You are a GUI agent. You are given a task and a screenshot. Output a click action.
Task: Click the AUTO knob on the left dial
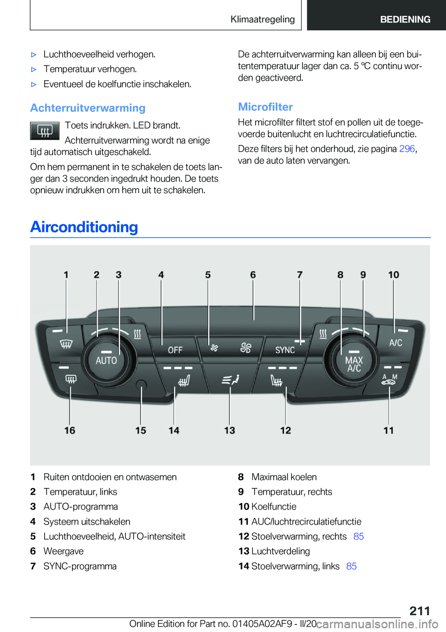click(106, 361)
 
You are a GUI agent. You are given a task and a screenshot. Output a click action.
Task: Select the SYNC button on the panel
click(285, 350)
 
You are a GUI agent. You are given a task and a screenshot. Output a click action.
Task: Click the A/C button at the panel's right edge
click(396, 342)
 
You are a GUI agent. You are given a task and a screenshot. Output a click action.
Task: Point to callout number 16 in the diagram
click(70, 431)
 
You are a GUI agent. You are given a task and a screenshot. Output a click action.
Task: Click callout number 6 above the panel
click(253, 275)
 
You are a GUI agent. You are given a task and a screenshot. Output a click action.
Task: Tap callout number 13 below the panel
click(230, 431)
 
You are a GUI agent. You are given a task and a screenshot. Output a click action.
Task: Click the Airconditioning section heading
click(84, 227)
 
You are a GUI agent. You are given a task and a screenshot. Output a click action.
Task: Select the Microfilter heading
click(265, 107)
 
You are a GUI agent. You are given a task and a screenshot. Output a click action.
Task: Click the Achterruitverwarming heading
click(88, 108)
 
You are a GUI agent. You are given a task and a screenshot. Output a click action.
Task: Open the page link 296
click(407, 148)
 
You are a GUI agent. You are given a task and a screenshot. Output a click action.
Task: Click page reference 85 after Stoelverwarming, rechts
click(358, 536)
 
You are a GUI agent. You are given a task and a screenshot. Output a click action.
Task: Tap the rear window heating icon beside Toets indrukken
click(45, 131)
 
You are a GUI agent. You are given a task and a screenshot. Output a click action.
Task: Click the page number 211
click(420, 611)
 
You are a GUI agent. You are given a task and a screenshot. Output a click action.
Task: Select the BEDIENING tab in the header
click(405, 19)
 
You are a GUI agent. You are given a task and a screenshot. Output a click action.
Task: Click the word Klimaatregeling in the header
click(262, 19)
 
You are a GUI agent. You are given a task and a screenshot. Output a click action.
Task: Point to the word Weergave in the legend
click(64, 551)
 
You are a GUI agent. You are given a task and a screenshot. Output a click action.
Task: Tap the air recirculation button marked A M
click(389, 380)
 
